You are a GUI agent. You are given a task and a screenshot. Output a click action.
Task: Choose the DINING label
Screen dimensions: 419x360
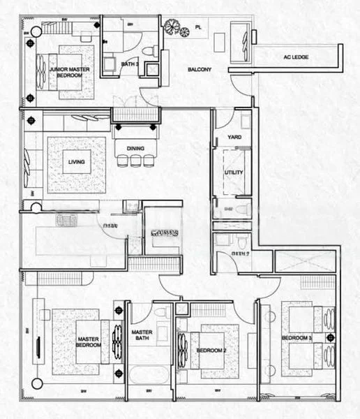tap(135, 147)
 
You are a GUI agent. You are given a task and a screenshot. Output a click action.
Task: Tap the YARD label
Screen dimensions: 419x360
tap(235, 137)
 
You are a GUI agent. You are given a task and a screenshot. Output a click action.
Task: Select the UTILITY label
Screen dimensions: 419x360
tap(233, 172)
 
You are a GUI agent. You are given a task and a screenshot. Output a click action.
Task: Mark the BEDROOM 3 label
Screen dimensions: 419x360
tap(295, 338)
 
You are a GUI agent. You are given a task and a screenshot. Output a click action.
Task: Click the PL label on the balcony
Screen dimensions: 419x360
tap(198, 28)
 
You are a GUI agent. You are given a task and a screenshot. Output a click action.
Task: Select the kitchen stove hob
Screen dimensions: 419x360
tap(65, 221)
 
